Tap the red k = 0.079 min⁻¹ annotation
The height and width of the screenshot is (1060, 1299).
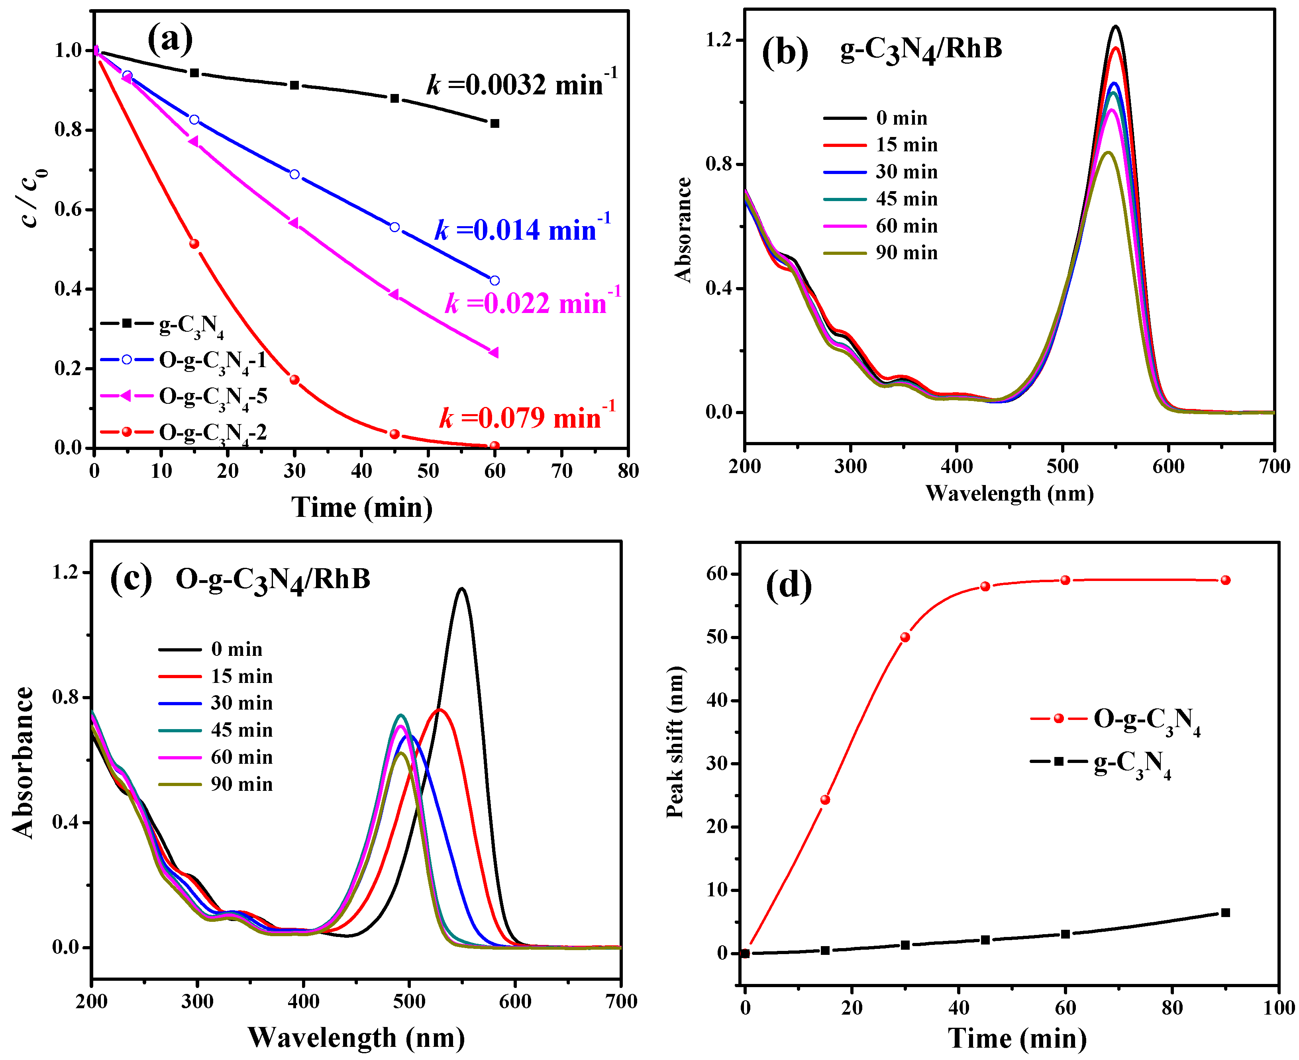coord(527,418)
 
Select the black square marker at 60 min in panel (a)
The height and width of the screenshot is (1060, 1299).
coord(494,123)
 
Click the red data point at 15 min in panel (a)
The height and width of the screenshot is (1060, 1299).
coord(194,244)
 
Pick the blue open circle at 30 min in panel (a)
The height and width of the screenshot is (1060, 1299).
coord(294,174)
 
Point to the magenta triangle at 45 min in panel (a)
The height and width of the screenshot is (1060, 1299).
coord(394,294)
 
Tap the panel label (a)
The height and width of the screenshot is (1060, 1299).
coord(170,39)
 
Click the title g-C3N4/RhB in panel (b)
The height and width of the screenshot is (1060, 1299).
coord(921,49)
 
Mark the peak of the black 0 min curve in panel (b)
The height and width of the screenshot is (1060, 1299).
coord(1116,26)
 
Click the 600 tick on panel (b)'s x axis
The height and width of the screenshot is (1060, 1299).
coord(1168,467)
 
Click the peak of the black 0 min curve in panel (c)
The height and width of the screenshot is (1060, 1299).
coord(461,589)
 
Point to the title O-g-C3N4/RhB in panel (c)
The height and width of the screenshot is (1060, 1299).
coord(273,579)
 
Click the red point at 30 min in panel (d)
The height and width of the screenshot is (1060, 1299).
coord(905,637)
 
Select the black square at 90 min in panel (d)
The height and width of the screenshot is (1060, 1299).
coord(1225,913)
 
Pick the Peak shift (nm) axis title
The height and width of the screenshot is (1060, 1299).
coord(675,742)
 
